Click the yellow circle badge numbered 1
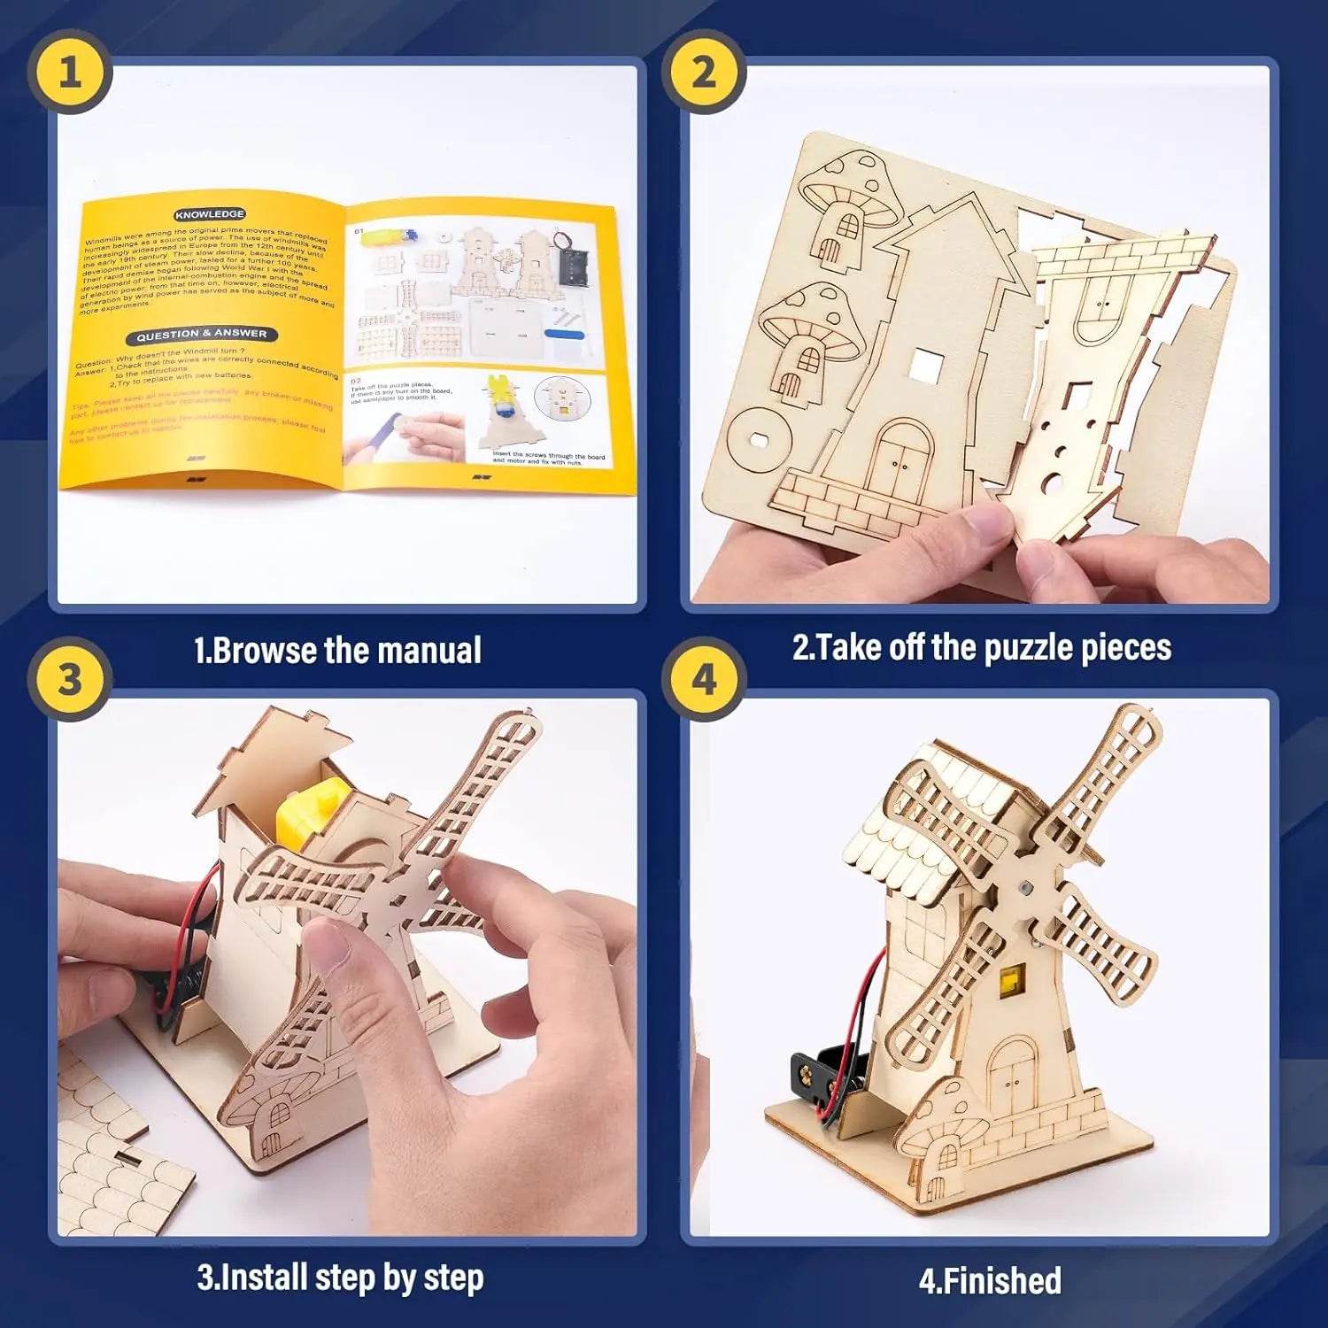[70, 71]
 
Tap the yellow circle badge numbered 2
[704, 71]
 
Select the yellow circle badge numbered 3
[70, 680]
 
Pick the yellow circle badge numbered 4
[704, 680]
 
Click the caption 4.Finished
[990, 1281]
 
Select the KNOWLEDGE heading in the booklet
[210, 214]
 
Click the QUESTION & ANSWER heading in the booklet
[202, 335]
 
